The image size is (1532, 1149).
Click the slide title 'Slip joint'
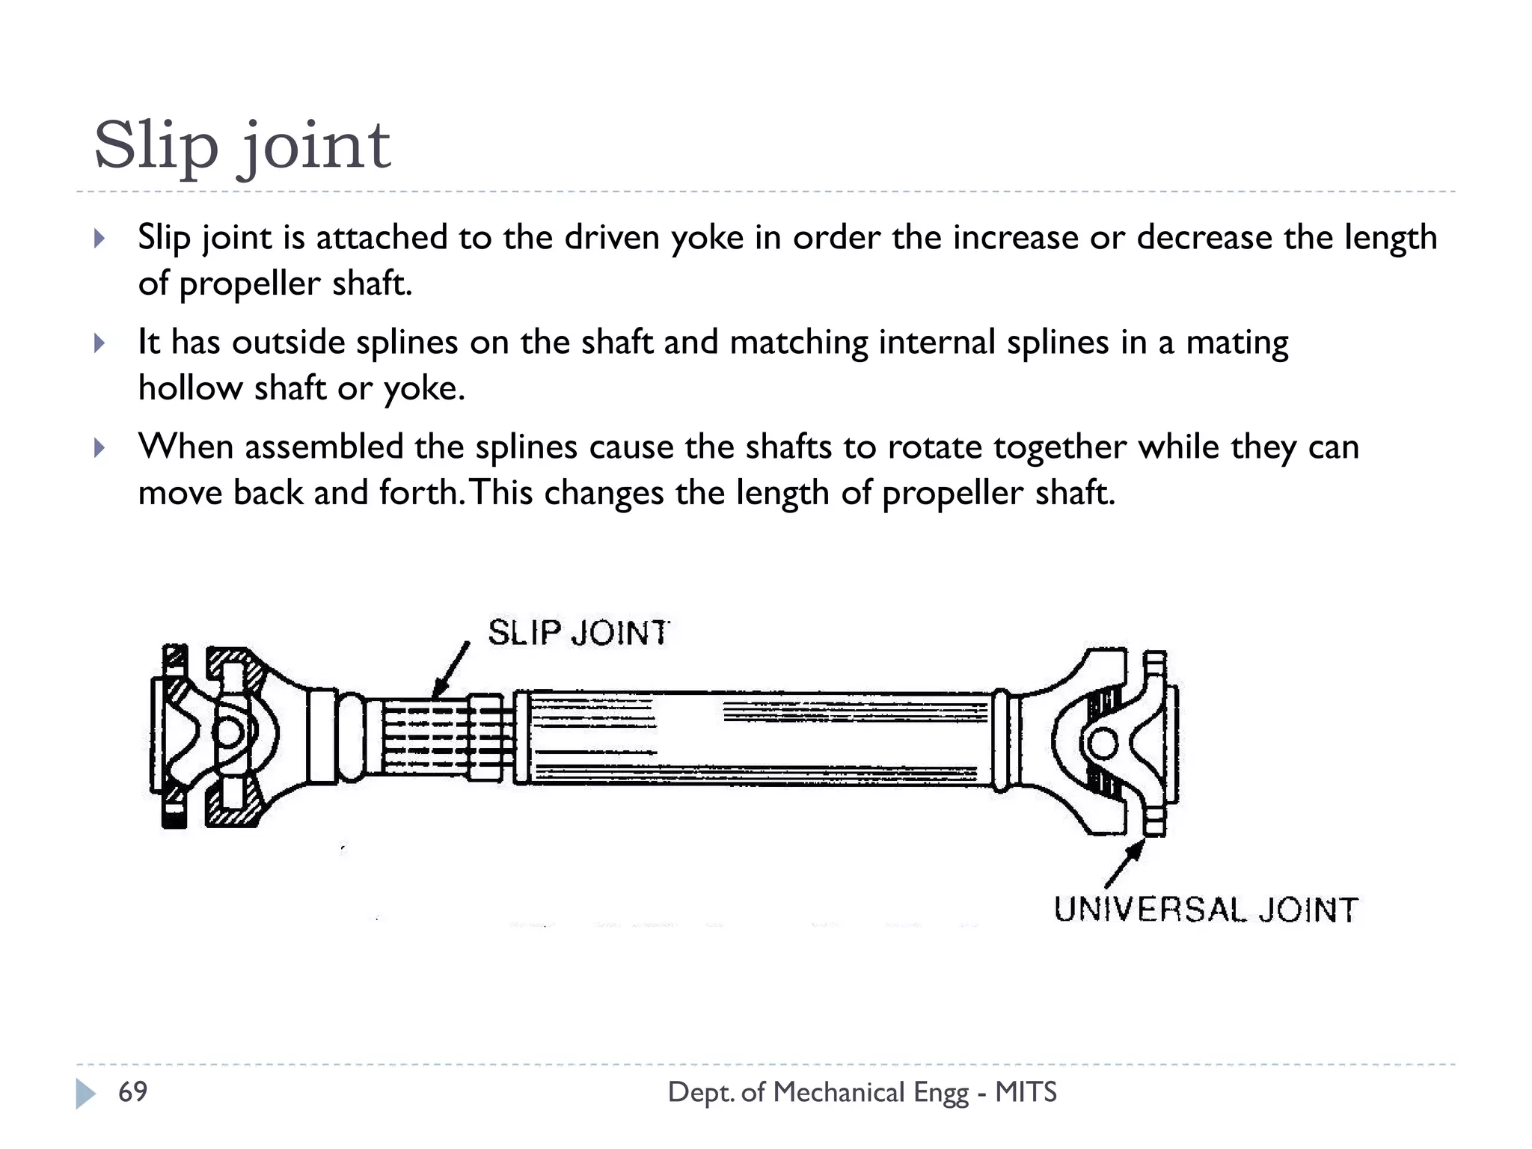tap(242, 145)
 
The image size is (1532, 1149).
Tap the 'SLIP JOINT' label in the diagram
tap(578, 633)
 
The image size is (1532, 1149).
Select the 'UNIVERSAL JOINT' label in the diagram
tap(1206, 910)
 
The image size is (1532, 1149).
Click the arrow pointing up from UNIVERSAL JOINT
tap(1125, 863)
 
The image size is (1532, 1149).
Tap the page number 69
tap(132, 1092)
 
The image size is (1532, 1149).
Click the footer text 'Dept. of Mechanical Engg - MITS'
tap(862, 1092)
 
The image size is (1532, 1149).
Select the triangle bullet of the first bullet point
tap(99, 239)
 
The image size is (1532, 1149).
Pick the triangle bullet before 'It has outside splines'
tap(99, 344)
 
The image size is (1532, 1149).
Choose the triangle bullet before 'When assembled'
tap(99, 449)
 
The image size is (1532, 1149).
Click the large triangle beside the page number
tap(85, 1094)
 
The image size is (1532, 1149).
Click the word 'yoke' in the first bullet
tap(707, 238)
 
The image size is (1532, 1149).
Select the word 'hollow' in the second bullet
tap(190, 388)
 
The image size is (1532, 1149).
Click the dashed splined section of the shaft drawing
tap(426, 737)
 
